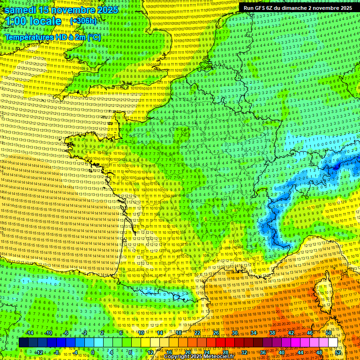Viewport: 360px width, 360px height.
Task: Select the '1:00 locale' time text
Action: click(33, 21)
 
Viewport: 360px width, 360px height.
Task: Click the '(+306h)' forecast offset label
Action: click(83, 21)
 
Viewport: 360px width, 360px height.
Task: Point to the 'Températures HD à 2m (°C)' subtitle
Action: click(52, 37)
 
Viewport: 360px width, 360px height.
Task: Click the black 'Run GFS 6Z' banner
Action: click(298, 8)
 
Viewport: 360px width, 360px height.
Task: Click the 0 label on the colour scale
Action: click(93, 352)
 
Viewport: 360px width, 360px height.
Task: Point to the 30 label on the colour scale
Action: click(234, 333)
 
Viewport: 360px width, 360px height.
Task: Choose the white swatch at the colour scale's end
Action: click(333, 343)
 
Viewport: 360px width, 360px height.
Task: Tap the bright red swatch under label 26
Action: click(217, 343)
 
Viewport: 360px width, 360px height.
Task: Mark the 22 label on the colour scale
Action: click(197, 333)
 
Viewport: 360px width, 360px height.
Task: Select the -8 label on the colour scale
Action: click(57, 352)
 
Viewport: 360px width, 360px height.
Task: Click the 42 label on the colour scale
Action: click(291, 333)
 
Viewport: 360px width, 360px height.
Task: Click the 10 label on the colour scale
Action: click(141, 333)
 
